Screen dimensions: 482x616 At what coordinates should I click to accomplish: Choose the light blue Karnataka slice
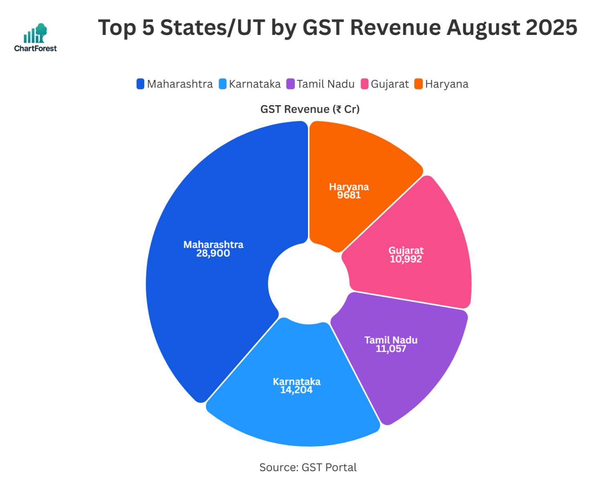(297, 413)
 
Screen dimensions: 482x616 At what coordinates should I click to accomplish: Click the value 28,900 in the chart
(213, 254)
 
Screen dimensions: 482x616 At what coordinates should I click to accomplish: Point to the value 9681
(349, 195)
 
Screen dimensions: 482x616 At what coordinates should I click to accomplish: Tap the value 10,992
(406, 259)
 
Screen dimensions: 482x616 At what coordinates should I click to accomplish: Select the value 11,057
(391, 349)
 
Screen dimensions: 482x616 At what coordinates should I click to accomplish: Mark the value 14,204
(296, 390)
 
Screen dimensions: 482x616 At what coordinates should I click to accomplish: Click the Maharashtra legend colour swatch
(140, 84)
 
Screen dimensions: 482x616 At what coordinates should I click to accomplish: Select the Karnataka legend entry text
(255, 84)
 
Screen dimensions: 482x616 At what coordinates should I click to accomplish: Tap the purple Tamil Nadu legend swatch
(290, 84)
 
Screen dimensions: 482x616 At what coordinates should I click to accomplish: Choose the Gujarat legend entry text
(389, 84)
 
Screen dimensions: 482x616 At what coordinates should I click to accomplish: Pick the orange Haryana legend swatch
(419, 84)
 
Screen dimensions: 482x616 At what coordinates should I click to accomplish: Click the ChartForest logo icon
(35, 34)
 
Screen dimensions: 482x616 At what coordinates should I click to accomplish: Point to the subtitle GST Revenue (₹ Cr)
(310, 109)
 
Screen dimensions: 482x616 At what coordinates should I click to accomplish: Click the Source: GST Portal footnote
(308, 467)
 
